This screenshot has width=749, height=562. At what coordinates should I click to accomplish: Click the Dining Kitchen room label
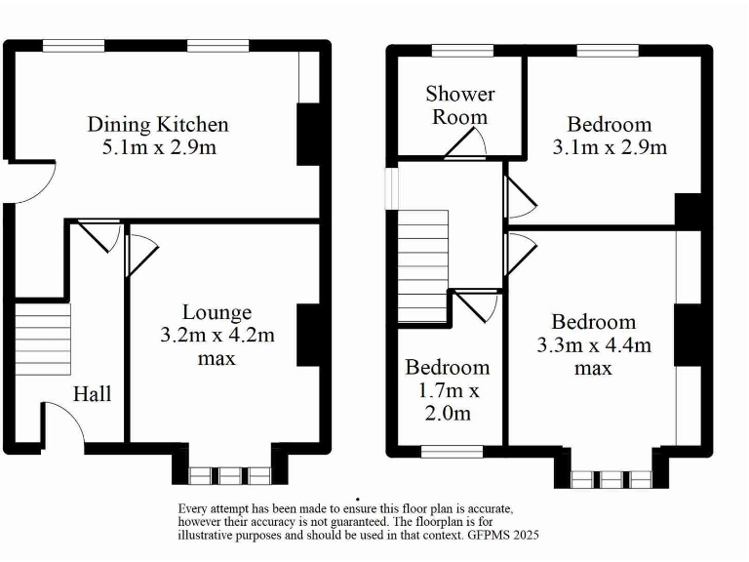point(158,125)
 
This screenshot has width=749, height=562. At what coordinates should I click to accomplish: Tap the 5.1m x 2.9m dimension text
point(158,148)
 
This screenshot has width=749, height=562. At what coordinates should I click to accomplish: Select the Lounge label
point(217,312)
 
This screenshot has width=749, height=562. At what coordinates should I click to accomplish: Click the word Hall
point(93,395)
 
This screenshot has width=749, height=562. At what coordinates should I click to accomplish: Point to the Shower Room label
point(459,105)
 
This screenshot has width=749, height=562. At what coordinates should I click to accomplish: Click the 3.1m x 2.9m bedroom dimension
point(610,148)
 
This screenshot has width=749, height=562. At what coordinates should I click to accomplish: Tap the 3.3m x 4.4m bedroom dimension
point(593,345)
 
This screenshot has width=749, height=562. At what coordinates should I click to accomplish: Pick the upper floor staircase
point(422,265)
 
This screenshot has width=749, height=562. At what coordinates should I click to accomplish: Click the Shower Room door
point(467,145)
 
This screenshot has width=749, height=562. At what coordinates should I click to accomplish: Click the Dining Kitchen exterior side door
point(32,182)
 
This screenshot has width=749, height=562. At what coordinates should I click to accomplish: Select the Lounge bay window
point(229,475)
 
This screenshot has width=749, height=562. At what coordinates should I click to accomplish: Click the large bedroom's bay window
point(611,479)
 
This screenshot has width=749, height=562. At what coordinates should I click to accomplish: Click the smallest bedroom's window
point(451,451)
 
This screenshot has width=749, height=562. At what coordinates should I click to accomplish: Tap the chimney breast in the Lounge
point(309,336)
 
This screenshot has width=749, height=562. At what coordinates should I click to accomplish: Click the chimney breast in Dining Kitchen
point(309,133)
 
